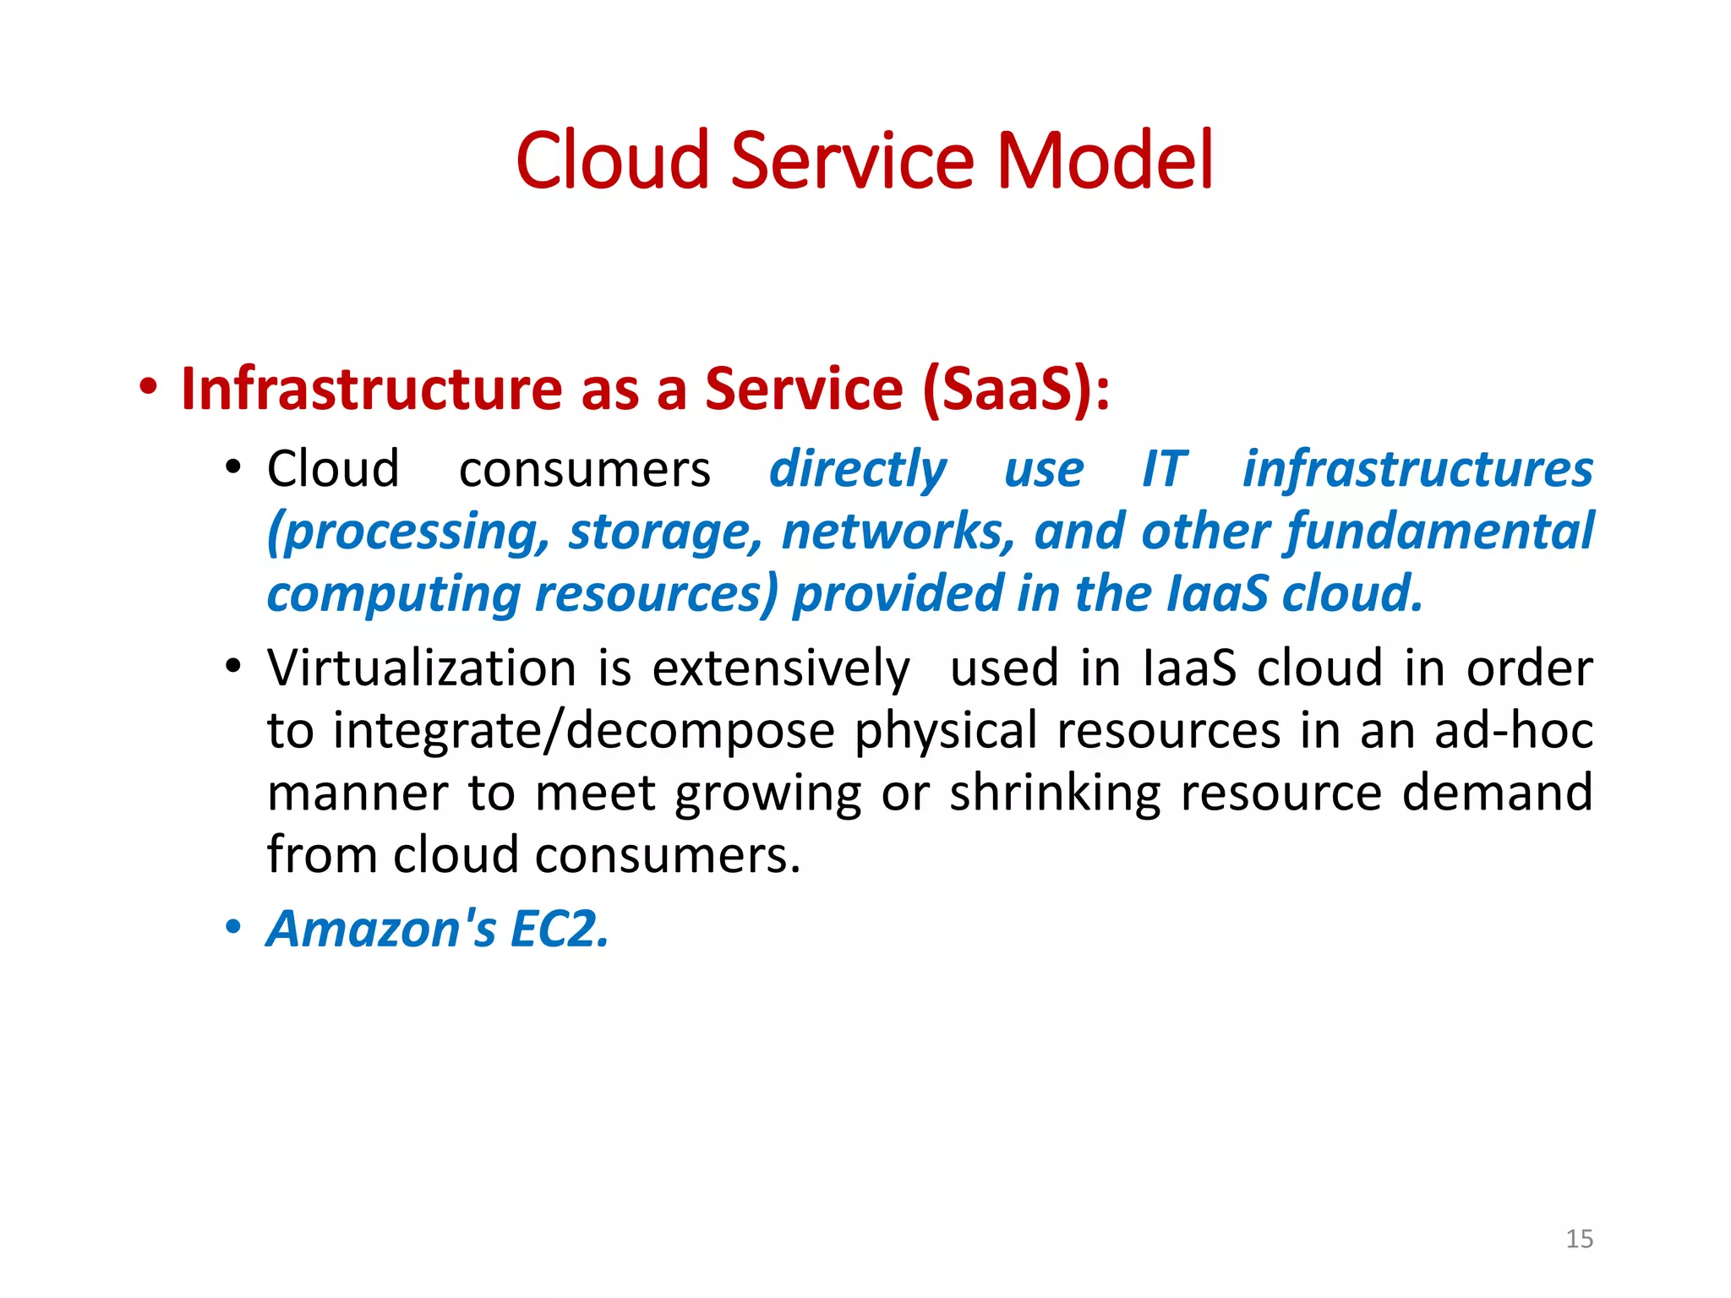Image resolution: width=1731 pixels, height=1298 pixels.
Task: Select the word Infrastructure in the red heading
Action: (x=372, y=390)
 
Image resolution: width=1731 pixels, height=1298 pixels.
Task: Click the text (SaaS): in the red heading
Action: (x=1015, y=390)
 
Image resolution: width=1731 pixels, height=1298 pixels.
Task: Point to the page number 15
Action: (x=1579, y=1239)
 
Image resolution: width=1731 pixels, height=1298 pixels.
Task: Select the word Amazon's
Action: (x=381, y=929)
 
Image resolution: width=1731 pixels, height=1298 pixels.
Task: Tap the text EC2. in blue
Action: (x=560, y=929)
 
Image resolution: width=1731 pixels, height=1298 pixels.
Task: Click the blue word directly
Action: (x=857, y=470)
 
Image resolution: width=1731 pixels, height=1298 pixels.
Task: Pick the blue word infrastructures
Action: (x=1417, y=470)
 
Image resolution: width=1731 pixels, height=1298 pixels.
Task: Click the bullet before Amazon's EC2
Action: (x=233, y=928)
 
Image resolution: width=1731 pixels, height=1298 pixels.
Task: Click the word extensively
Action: (x=781, y=668)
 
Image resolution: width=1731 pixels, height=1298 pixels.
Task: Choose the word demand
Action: (x=1497, y=794)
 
